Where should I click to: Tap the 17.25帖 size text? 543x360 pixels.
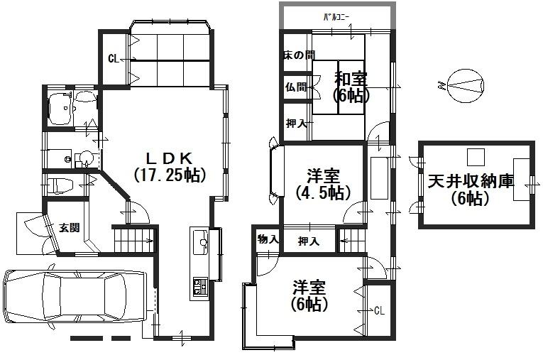(169, 174)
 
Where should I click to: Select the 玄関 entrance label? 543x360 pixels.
(69, 228)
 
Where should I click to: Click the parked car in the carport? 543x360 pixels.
(74, 297)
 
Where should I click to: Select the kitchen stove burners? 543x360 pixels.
(199, 285)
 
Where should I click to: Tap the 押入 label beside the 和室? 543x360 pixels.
(296, 124)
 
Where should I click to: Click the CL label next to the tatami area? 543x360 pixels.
(113, 59)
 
